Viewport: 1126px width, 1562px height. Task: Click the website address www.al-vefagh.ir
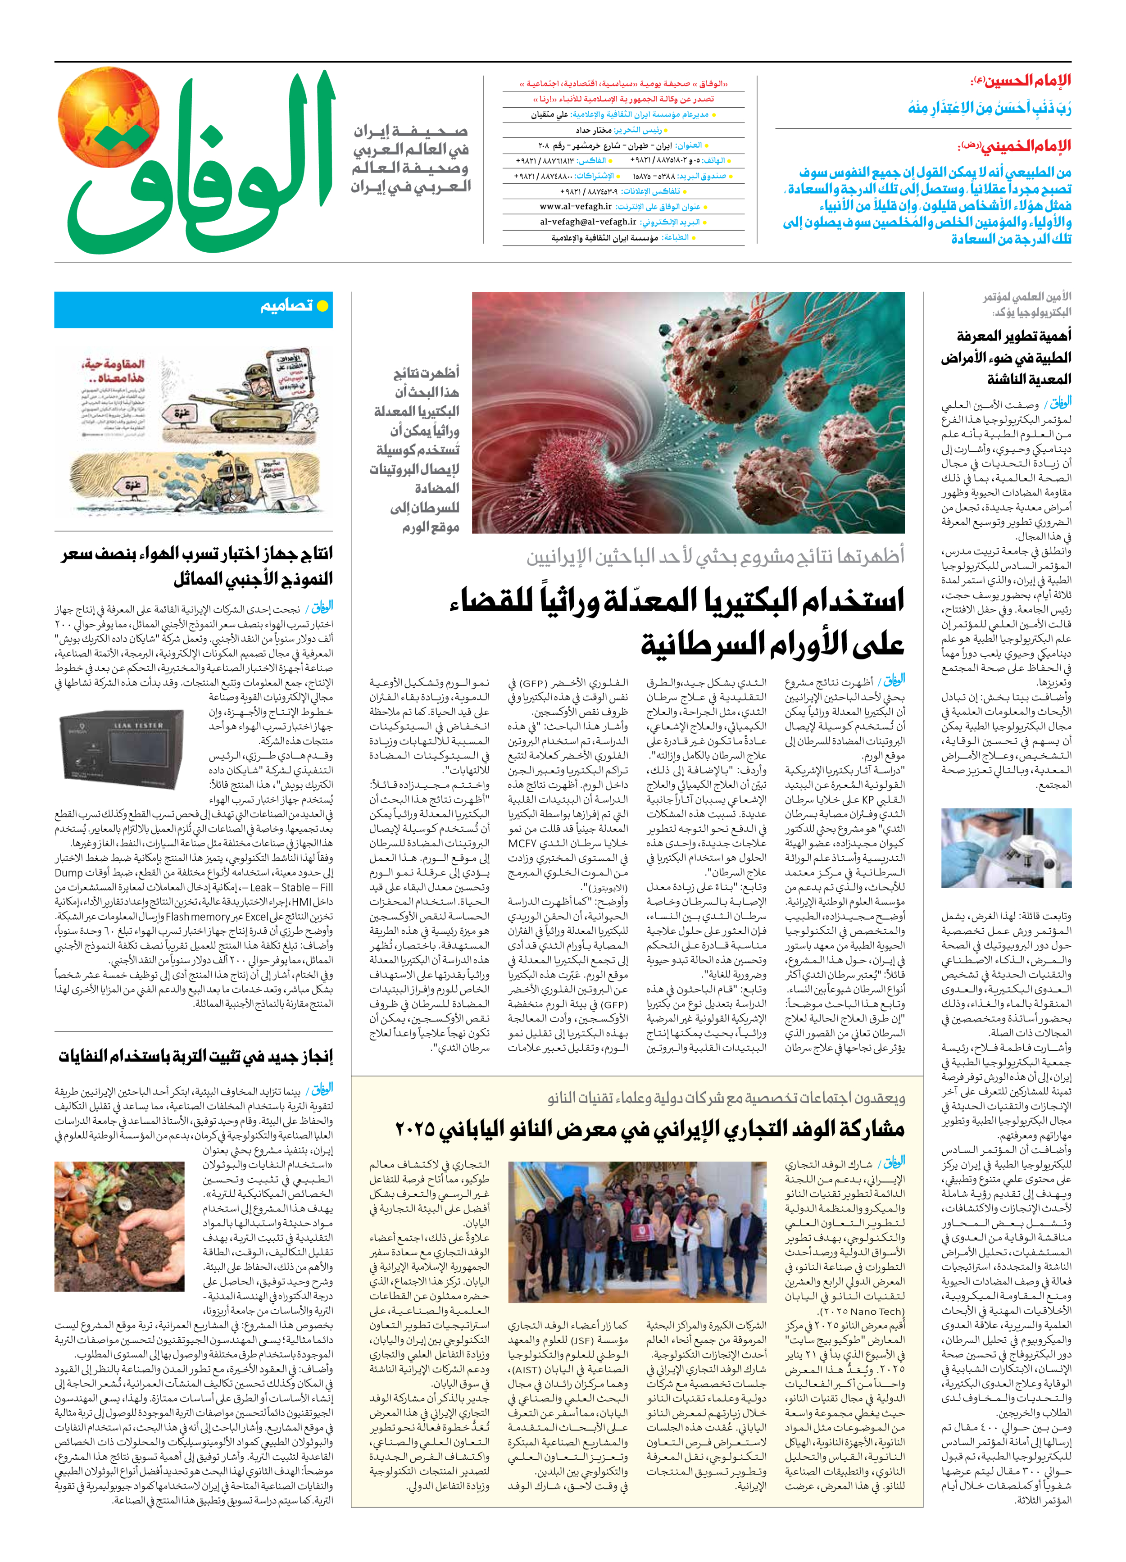(575, 206)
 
